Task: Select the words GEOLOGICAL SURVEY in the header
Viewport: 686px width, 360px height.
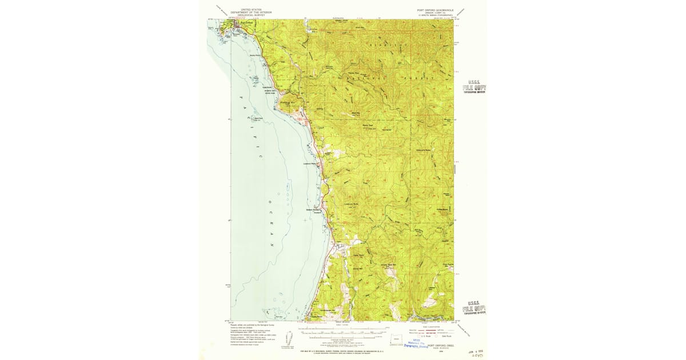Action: click(x=252, y=15)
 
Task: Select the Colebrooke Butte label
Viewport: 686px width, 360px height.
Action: click(x=424, y=150)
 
